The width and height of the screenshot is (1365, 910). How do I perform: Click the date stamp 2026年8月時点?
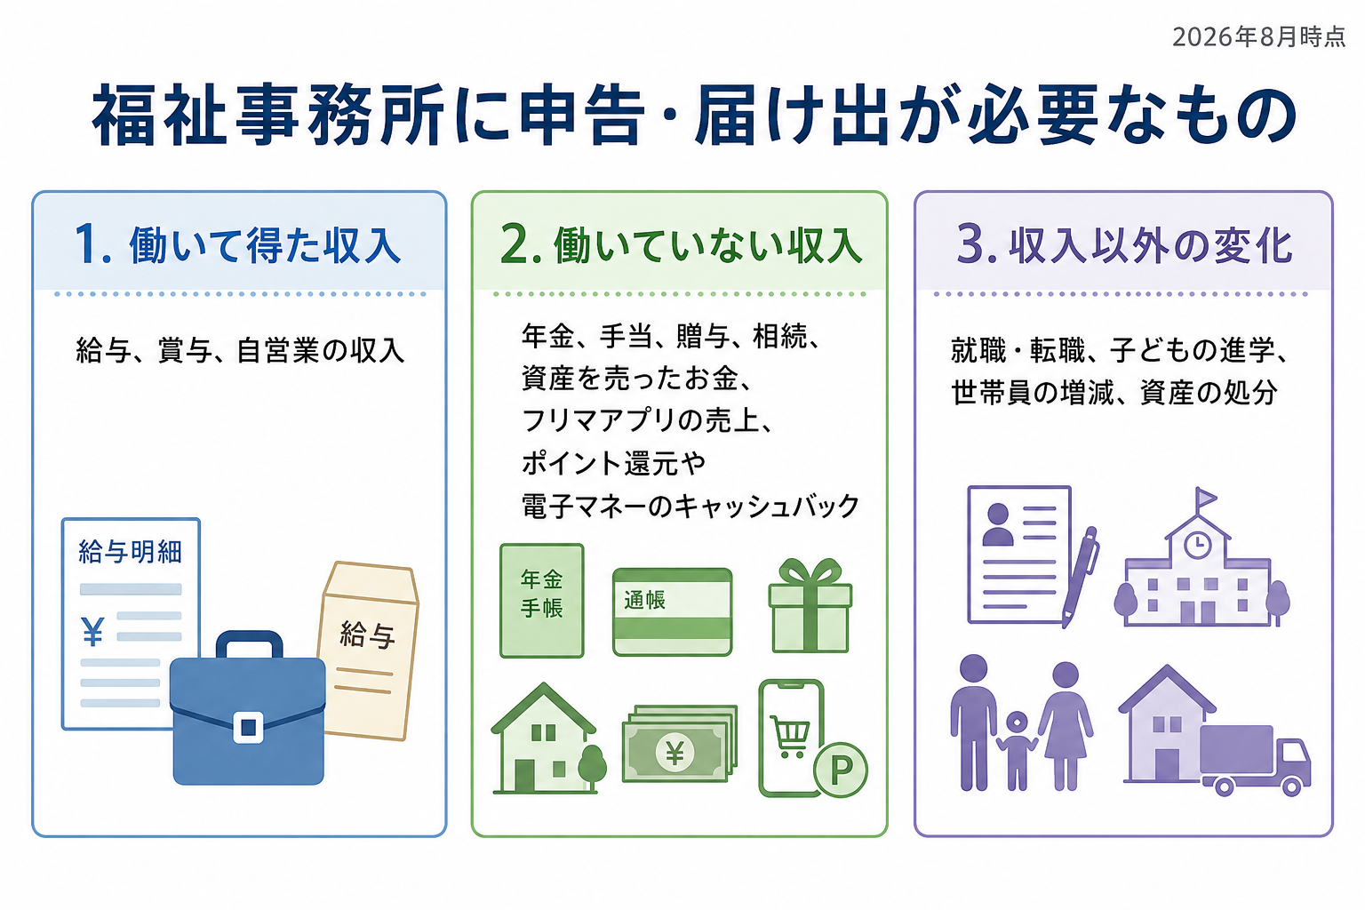pyautogui.click(x=1258, y=37)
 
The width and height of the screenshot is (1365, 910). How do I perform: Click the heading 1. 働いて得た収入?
pyautogui.click(x=237, y=245)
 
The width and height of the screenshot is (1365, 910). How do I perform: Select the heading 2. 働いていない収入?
pyautogui.click(x=681, y=245)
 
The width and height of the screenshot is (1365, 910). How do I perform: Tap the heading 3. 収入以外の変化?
pyautogui.click(x=1124, y=245)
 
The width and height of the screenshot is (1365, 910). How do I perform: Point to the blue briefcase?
pyautogui.click(x=247, y=709)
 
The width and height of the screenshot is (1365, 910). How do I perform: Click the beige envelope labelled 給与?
pyautogui.click(x=370, y=651)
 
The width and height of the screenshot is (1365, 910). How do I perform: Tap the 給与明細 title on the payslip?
pyautogui.click(x=131, y=552)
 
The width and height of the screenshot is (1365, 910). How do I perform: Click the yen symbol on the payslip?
pyautogui.click(x=92, y=632)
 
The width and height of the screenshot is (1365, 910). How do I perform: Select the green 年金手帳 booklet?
pyautogui.click(x=542, y=601)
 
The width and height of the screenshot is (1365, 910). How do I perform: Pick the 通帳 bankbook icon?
pyautogui.click(x=672, y=612)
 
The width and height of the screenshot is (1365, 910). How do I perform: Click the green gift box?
pyautogui.click(x=810, y=606)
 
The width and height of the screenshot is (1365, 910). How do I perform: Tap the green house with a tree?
pyautogui.click(x=548, y=738)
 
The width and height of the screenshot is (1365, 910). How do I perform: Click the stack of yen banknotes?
pyautogui.click(x=680, y=744)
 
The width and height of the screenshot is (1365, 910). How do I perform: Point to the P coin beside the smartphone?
pyautogui.click(x=841, y=770)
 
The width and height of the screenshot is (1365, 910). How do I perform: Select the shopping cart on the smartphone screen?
pyautogui.click(x=790, y=736)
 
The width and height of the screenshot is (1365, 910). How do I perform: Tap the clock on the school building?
pyautogui.click(x=1197, y=544)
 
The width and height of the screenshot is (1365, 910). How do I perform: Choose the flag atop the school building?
pyautogui.click(x=1205, y=498)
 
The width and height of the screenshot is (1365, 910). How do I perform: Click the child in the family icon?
pyautogui.click(x=1017, y=750)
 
